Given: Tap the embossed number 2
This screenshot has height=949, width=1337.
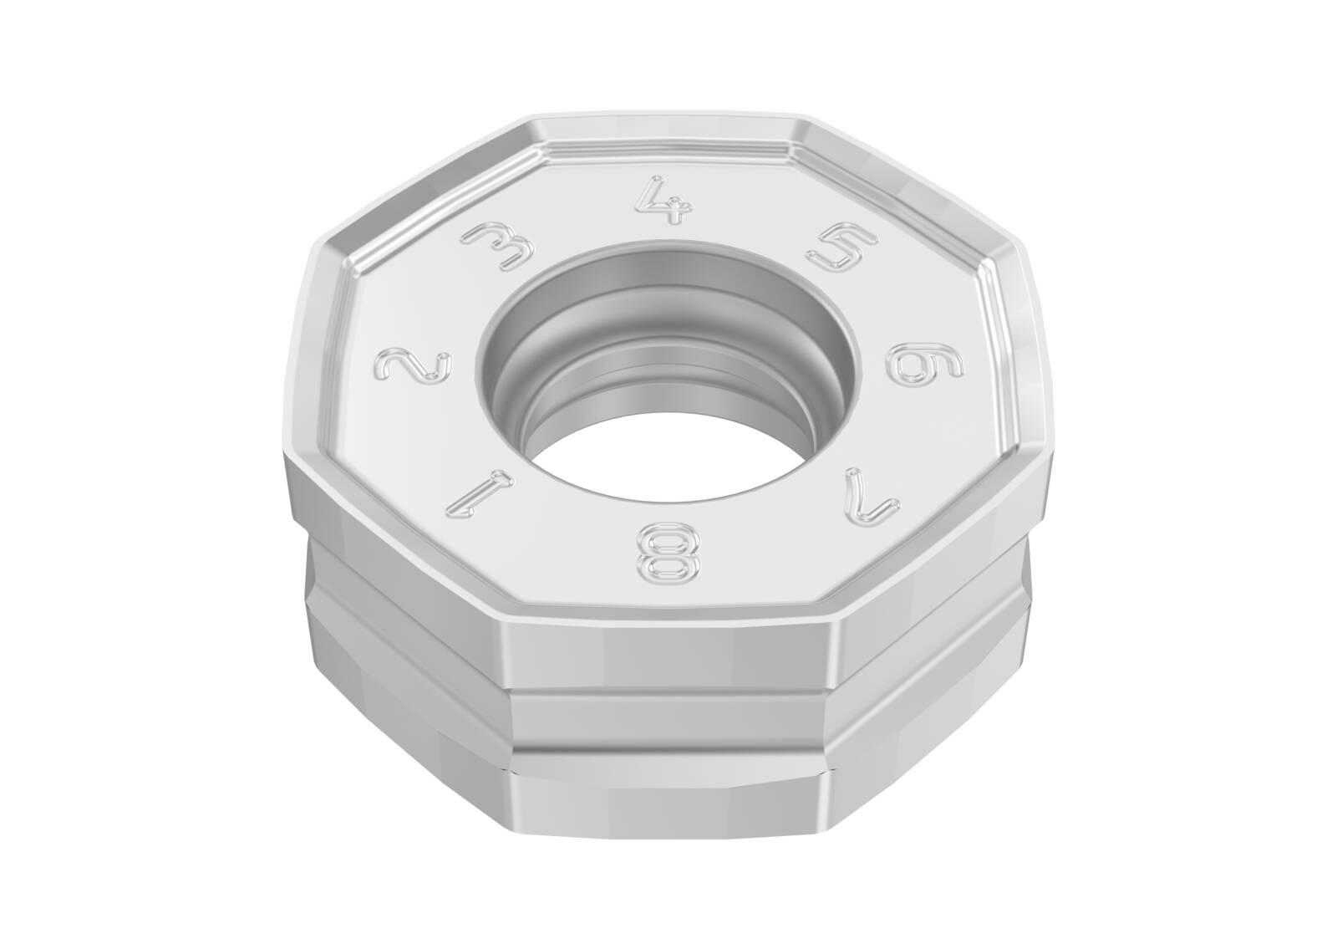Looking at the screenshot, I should point(413,367).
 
